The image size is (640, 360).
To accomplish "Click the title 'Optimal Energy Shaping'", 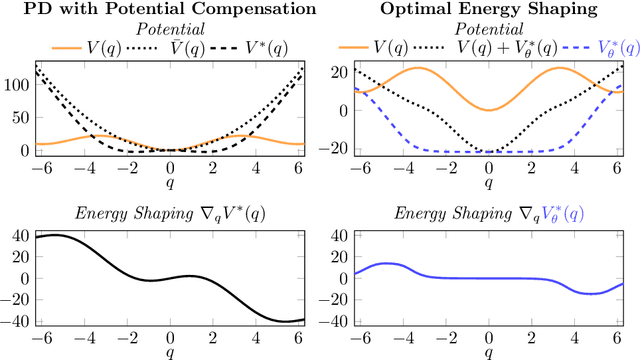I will point(488,9).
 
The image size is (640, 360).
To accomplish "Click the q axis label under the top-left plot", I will point(169,184).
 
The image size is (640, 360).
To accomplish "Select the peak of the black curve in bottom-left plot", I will point(58,235).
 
